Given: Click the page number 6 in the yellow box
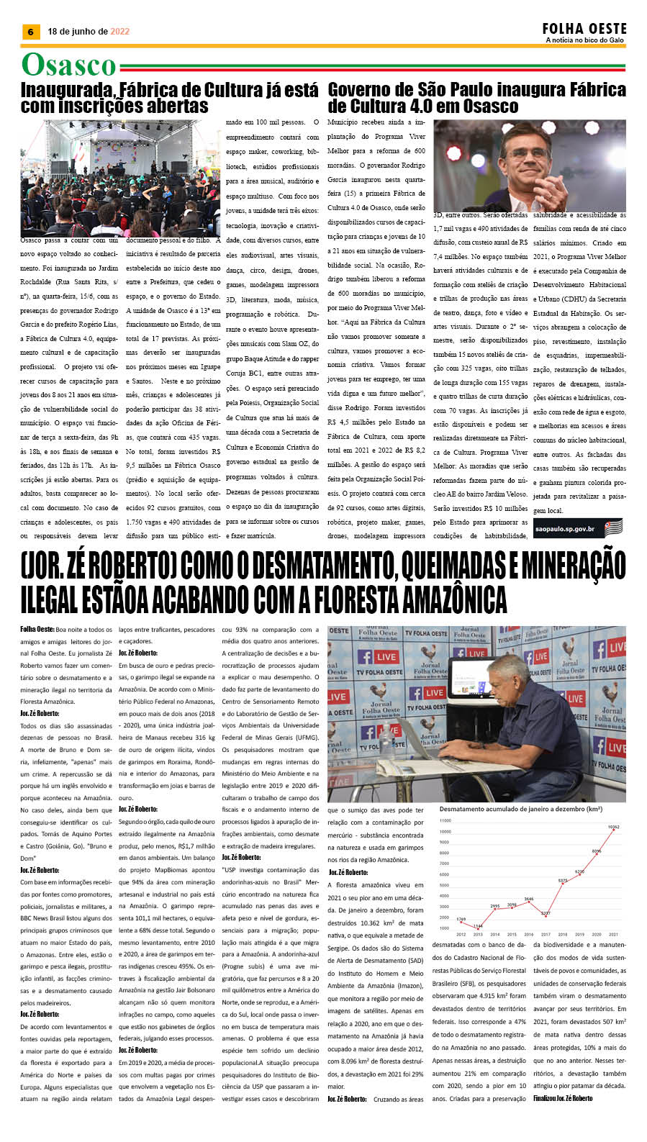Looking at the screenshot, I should (30, 32).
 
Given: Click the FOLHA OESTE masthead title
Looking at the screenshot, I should (584, 29).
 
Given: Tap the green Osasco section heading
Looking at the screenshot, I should (68, 65).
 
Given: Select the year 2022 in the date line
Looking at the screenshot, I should (120, 32).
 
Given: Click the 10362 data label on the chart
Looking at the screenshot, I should (613, 827).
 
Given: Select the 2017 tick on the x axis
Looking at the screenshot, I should (546, 935).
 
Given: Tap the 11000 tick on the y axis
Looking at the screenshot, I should (445, 820).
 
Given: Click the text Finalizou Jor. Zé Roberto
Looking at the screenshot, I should (563, 1098).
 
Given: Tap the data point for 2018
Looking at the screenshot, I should (563, 882).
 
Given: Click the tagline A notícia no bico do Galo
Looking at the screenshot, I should (584, 40).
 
